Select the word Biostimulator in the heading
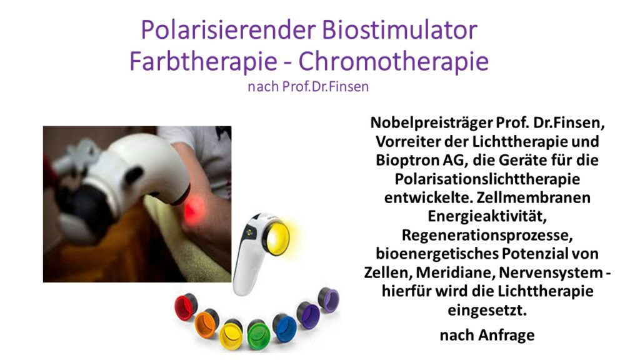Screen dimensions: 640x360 tap(399, 29)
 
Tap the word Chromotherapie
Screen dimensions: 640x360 tap(394, 62)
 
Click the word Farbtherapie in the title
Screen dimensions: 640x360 tap(203, 62)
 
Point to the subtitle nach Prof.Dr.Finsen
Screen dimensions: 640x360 tap(308, 86)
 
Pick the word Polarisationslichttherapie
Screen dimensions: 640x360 tap(487, 179)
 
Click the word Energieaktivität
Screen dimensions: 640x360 tap(487, 216)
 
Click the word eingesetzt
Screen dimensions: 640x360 tap(487, 310)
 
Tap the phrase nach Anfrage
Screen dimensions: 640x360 tap(487, 335)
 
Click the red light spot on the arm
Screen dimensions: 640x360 tap(194, 209)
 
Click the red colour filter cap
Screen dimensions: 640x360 tap(185, 307)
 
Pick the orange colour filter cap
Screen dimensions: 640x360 tap(206, 324)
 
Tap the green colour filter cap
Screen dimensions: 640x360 tap(258, 335)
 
